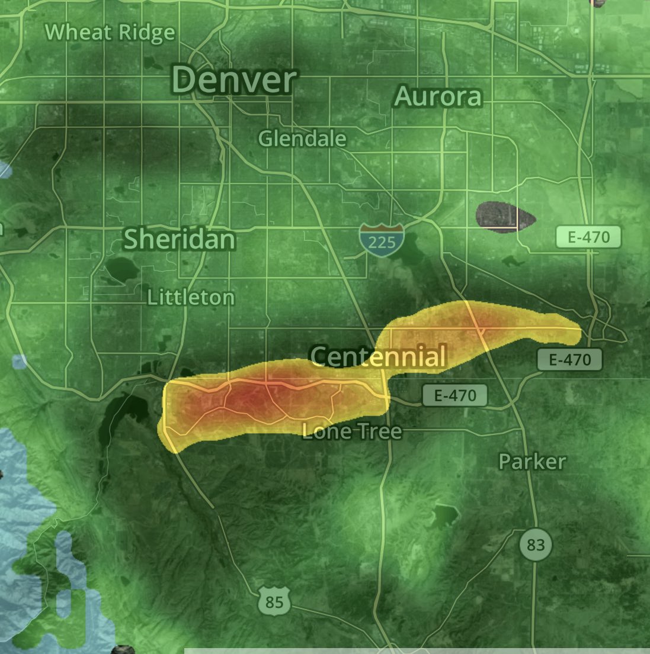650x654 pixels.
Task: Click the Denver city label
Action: point(235,80)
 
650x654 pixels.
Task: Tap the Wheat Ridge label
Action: point(110,33)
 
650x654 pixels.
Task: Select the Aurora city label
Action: point(438,96)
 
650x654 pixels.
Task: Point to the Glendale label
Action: point(302,138)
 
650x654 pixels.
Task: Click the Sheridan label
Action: point(179,239)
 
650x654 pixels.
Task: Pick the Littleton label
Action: point(191,297)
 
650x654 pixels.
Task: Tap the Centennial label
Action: point(378,357)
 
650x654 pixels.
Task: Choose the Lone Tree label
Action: point(352,431)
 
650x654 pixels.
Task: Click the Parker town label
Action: point(532,461)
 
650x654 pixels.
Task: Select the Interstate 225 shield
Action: point(382,239)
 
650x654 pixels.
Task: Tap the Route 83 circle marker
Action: point(536,544)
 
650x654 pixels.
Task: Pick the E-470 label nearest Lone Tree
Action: point(454,395)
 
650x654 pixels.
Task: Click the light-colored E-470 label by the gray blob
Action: point(588,237)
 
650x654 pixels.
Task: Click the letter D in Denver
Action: point(184,80)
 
